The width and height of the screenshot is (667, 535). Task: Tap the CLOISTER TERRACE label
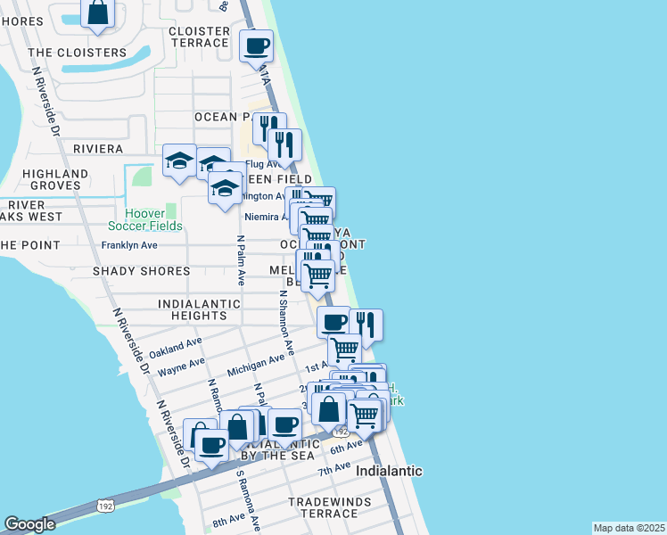199,37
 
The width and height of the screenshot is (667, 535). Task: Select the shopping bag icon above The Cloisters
98,13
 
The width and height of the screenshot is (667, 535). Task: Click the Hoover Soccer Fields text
142,220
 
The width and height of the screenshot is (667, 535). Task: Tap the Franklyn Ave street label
129,245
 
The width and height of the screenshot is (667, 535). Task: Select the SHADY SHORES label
140,271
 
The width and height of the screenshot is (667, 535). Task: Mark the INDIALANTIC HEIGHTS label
199,309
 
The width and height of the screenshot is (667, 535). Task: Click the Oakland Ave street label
176,347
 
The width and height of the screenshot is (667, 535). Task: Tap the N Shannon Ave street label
285,322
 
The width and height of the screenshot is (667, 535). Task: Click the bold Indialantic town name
389,470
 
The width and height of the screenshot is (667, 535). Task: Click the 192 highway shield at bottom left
105,506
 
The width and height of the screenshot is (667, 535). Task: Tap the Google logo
29,524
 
